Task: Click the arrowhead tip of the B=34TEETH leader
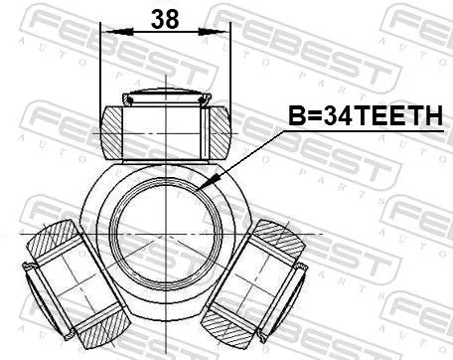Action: (203, 188)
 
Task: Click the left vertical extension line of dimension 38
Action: (101, 70)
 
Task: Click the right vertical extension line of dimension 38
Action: (230, 70)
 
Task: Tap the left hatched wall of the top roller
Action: (113, 130)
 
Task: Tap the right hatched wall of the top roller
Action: (218, 130)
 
